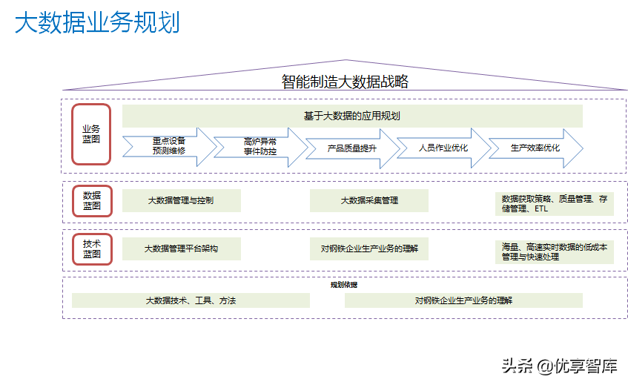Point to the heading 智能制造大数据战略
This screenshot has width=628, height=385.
345,82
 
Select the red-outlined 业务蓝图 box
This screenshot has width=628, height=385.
91,134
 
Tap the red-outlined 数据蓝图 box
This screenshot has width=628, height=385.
92,201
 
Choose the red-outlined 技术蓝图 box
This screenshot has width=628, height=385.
92,249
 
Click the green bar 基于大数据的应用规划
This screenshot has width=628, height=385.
352,116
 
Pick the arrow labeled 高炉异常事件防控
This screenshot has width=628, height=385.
260,145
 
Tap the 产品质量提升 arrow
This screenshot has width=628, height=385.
352,148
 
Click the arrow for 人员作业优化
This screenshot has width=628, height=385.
443,148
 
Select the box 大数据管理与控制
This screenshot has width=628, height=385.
181,200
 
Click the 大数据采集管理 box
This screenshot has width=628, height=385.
369,200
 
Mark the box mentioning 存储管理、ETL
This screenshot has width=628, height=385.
554,204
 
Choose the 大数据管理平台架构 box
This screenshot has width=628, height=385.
181,249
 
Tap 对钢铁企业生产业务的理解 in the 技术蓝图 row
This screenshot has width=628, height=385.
369,249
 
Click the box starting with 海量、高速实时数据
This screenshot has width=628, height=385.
554,252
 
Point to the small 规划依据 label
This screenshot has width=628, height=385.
344,285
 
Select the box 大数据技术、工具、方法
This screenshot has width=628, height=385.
191,300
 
